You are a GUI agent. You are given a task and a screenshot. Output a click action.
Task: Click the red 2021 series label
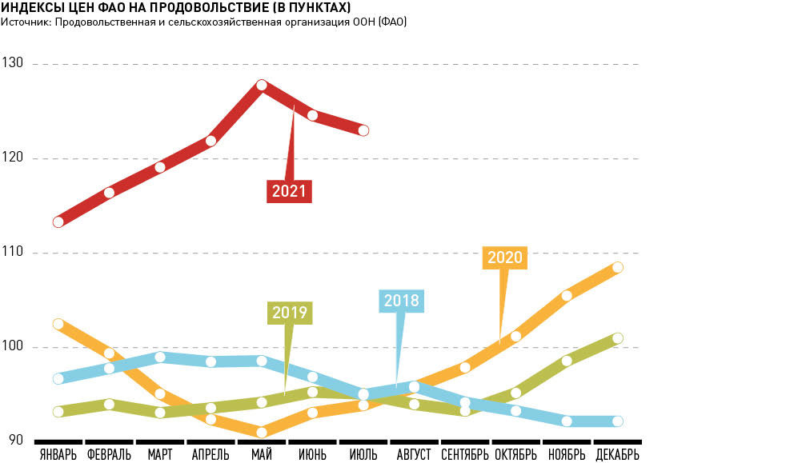click(x=288, y=191)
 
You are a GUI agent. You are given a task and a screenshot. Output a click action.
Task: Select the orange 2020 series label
click(x=504, y=257)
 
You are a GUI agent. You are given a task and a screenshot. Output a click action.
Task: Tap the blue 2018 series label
click(x=401, y=301)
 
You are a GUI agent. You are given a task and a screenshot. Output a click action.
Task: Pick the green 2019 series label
click(x=290, y=312)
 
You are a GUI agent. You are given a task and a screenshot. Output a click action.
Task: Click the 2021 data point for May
click(x=262, y=85)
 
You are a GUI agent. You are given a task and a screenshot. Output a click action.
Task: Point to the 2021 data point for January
click(x=58, y=222)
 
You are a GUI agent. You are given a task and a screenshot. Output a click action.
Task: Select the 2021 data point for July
click(x=363, y=130)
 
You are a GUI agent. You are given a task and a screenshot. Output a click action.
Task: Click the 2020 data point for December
click(x=617, y=267)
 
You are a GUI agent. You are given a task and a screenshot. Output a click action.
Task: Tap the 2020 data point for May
click(x=262, y=432)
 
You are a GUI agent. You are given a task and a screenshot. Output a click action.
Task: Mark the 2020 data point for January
click(x=58, y=324)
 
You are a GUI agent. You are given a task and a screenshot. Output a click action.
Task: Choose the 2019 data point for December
click(x=617, y=338)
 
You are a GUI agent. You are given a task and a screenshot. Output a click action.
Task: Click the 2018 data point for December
click(x=617, y=421)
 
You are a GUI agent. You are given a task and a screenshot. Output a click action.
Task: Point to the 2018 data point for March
click(x=160, y=357)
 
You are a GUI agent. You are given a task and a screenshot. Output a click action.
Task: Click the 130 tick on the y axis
click(x=14, y=63)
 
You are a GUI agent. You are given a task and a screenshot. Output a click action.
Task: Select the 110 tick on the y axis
click(x=14, y=253)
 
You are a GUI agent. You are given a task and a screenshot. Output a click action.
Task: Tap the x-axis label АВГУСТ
click(x=414, y=455)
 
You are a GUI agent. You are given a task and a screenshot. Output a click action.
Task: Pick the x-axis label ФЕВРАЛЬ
click(x=110, y=455)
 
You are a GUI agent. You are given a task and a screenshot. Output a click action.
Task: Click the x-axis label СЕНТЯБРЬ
click(x=464, y=455)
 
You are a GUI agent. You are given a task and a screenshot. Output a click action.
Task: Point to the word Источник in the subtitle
click(x=24, y=22)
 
